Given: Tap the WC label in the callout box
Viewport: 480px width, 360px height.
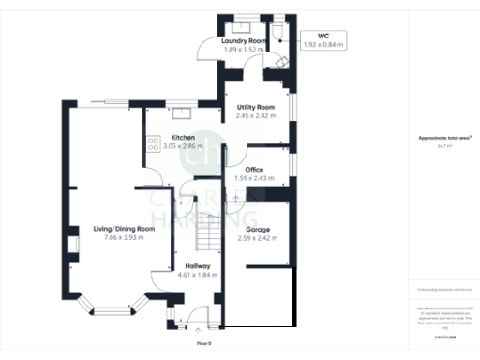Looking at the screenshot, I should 323,36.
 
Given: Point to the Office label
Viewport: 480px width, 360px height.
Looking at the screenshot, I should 252,170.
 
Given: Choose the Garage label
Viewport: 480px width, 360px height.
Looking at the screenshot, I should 259,229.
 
